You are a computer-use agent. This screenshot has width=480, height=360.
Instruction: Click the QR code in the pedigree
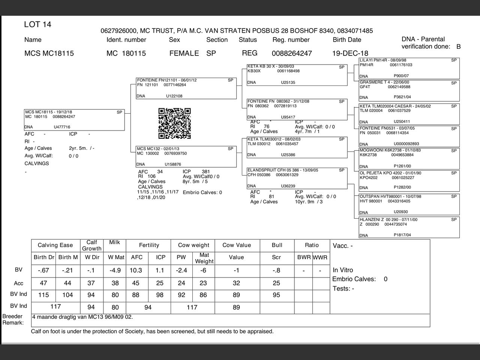click(174, 123)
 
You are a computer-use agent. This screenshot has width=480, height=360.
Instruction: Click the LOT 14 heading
click(37, 25)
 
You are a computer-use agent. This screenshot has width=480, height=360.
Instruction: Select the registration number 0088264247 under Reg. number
click(292, 53)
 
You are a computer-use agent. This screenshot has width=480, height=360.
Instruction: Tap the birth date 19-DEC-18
click(350, 53)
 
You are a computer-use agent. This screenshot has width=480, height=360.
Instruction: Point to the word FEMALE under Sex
click(184, 53)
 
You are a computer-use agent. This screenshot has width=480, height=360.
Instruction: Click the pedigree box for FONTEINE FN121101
click(186, 88)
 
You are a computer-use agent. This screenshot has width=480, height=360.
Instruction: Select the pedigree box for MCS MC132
click(186, 157)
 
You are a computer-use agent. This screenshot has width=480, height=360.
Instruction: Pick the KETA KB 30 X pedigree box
click(297, 75)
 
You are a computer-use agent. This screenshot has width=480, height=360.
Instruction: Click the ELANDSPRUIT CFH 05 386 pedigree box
click(297, 178)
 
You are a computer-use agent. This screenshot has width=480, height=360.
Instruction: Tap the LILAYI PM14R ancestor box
click(409, 68)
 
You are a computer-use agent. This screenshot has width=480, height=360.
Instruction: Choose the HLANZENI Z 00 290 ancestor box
click(409, 227)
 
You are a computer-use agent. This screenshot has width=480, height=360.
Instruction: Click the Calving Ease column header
click(55, 245)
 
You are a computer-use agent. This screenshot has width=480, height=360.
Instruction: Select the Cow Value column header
click(236, 245)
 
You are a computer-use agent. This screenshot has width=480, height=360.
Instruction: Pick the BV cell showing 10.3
click(136, 270)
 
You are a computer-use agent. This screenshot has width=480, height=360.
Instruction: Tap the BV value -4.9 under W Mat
click(115, 270)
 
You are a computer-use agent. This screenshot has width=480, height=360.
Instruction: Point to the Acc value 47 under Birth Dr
click(43, 283)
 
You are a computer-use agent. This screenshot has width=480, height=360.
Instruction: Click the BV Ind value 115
click(43, 295)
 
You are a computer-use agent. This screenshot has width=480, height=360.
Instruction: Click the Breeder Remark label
click(13, 319)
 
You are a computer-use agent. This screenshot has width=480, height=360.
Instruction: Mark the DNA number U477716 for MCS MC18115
click(62, 127)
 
